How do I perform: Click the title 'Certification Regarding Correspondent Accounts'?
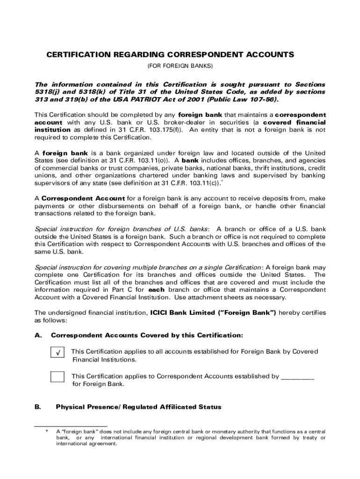coord(170,55)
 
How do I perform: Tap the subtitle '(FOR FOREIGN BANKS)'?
coord(180,65)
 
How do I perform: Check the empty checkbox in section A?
coord(58,377)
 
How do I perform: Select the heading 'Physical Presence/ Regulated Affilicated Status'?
coord(138,407)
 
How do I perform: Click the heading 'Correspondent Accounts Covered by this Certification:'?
coord(147,335)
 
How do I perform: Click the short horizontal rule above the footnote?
coord(71,426)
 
